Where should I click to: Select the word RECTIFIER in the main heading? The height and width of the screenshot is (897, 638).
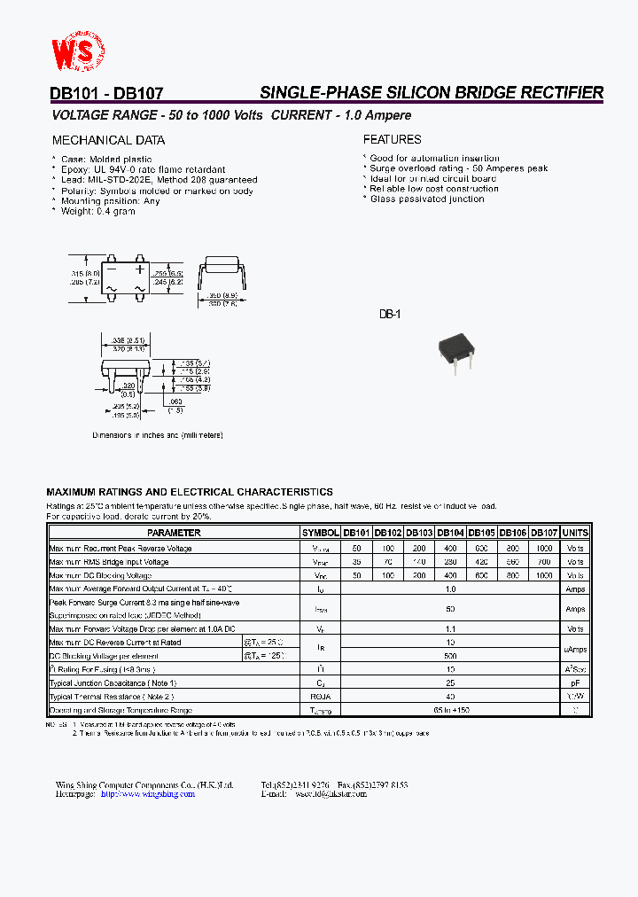click(x=556, y=92)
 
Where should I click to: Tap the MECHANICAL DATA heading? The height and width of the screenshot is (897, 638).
click(x=108, y=140)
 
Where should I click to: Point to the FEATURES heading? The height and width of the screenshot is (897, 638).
click(x=392, y=139)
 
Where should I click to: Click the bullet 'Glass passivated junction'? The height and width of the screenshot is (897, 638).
click(x=427, y=199)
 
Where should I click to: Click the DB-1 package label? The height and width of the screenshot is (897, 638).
click(x=390, y=315)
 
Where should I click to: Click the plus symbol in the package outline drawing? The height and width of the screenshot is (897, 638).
click(x=140, y=269)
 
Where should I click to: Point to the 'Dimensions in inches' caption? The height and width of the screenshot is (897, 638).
click(x=158, y=435)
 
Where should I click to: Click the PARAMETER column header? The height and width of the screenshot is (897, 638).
click(x=174, y=533)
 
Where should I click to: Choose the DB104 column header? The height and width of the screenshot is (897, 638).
click(x=451, y=533)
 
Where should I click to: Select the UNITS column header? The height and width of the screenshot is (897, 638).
click(x=575, y=533)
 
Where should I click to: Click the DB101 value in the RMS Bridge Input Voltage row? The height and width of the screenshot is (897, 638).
click(x=356, y=562)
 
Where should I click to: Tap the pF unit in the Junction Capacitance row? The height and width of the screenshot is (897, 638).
click(x=575, y=683)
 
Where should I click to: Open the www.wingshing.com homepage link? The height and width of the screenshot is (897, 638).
click(x=147, y=794)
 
